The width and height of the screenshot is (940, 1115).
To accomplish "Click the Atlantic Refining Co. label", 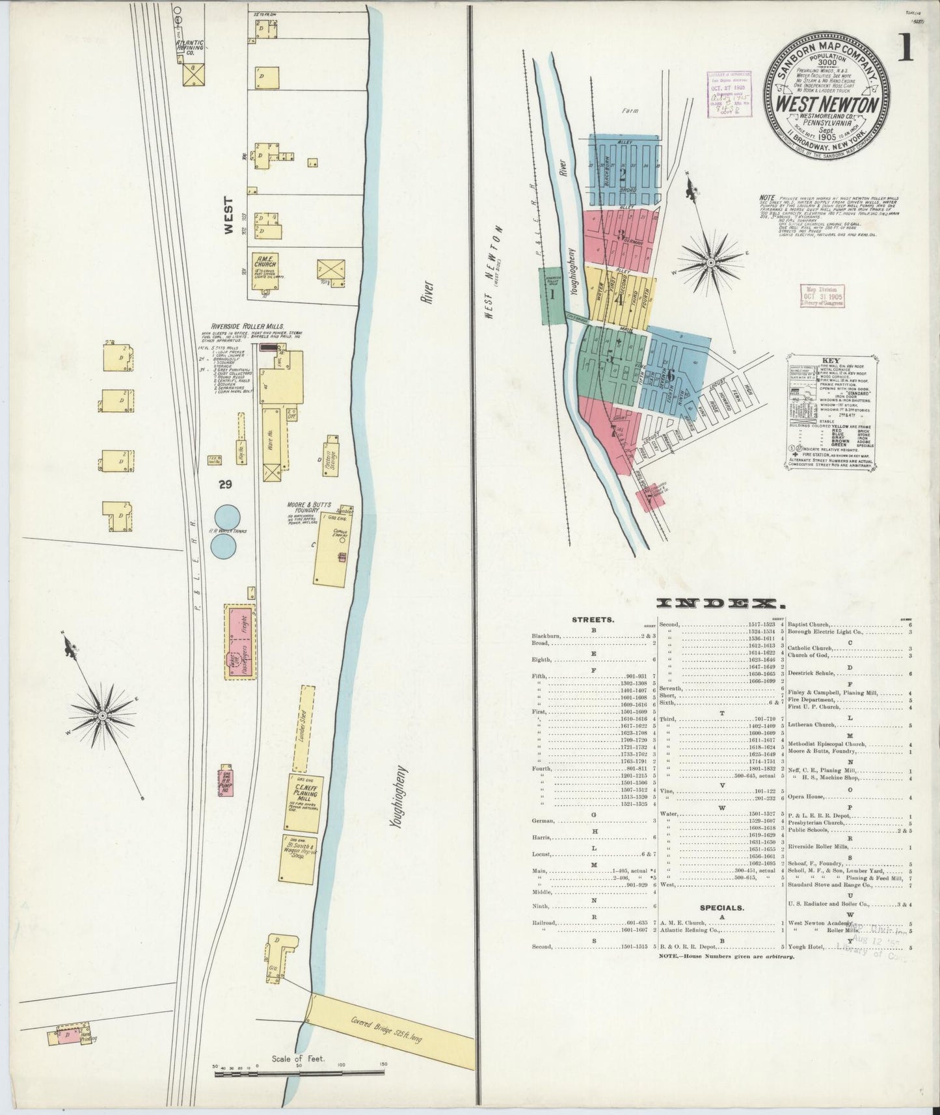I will coord(190,47).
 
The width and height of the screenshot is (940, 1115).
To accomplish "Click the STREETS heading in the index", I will coord(593,619).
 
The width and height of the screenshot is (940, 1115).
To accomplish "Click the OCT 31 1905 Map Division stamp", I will coord(824,295).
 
